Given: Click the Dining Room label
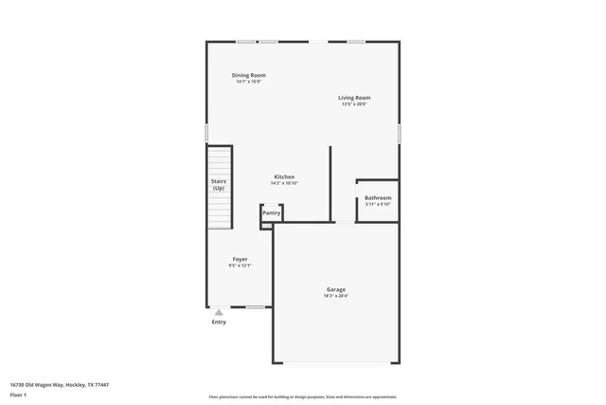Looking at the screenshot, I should coord(248,75).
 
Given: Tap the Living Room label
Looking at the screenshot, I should coord(355,98).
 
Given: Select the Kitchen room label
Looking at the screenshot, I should coord(284,177).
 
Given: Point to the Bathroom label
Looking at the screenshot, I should coord(378,197).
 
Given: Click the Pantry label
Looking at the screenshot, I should coord(271,214).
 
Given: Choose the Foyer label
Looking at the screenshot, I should coord(241,259).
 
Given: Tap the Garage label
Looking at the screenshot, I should coord(336,289).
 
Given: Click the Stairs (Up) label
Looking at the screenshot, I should coord(219,185).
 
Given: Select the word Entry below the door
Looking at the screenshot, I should coord(219,322).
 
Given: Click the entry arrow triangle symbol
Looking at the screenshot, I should coord(219,312).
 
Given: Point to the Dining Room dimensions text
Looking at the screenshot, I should coord(248,82).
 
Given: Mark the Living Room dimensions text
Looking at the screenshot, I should coord(355,104).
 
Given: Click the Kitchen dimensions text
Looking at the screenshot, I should coord(284,183).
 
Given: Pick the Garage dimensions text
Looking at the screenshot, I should coord(336,296).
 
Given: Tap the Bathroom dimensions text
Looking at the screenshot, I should coord(378,204).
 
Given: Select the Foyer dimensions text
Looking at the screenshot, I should coord(241,266).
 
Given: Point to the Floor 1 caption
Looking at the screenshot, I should coord(19,394).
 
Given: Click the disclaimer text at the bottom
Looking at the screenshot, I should coord(302,396).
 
